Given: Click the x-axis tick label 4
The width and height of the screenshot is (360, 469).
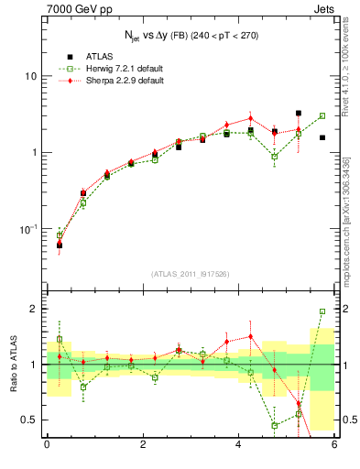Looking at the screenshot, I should coord(238,445).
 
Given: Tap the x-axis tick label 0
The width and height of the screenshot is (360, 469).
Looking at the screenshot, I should coord(47,445).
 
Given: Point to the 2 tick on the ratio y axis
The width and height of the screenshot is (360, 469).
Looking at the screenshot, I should coord(34,309).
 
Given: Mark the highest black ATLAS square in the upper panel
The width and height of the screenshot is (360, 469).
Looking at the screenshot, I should coord(299,114).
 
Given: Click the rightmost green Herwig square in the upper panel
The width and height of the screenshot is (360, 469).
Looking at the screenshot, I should coord(322,116).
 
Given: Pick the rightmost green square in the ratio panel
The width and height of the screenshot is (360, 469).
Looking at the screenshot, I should coord(322,311).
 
